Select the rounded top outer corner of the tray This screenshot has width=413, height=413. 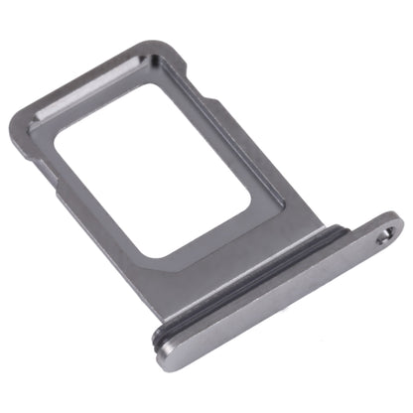149,46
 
